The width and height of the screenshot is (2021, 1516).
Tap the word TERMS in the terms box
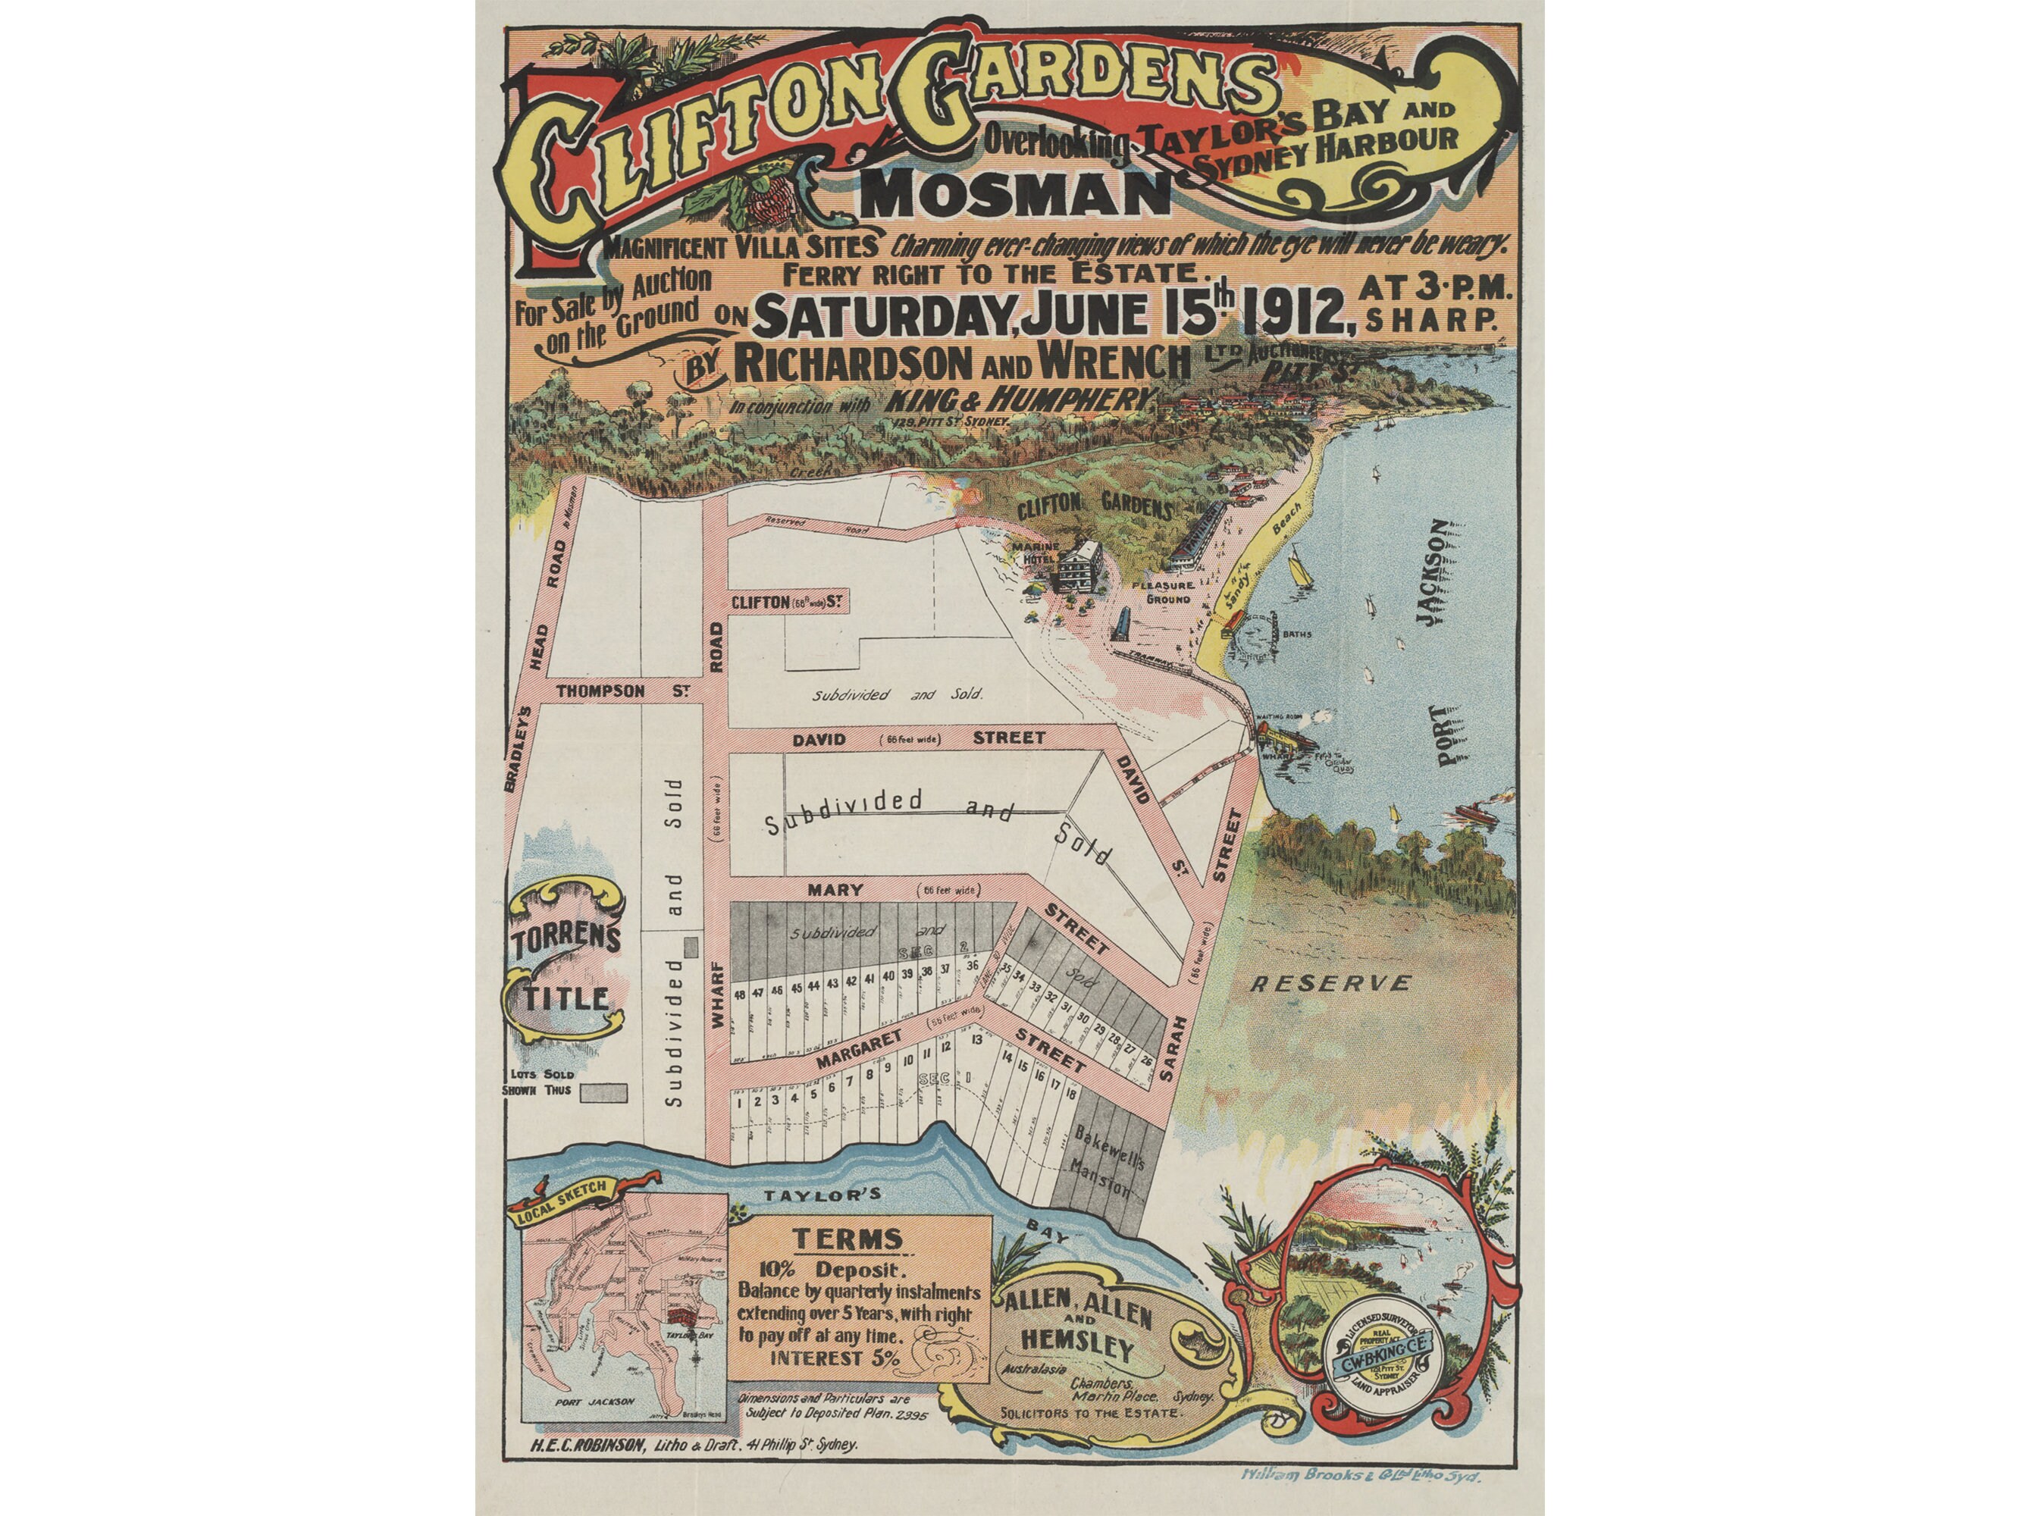[847, 1239]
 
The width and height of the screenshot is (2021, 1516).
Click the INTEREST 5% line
[834, 1357]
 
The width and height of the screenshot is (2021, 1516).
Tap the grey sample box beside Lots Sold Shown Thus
[604, 1091]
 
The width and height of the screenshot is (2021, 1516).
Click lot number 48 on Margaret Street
[739, 994]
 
